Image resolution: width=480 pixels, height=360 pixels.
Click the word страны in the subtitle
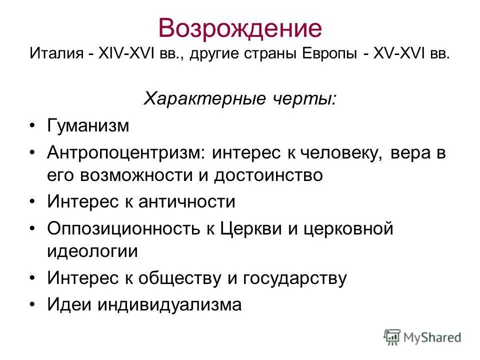click(270, 53)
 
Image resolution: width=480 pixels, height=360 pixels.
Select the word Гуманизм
click(88, 125)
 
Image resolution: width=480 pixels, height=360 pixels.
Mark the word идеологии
click(92, 251)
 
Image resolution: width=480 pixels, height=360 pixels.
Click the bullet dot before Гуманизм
click(32, 125)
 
